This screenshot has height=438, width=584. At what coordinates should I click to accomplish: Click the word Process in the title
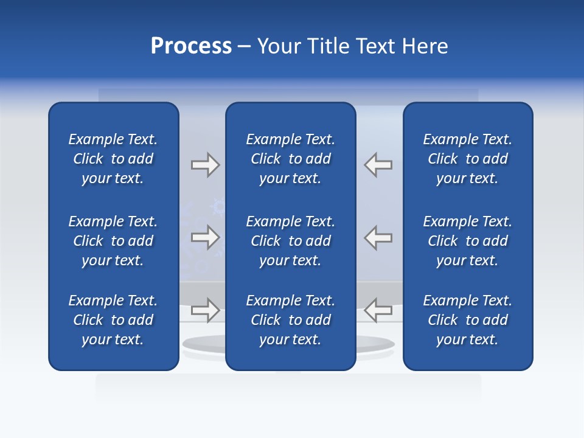click(x=191, y=46)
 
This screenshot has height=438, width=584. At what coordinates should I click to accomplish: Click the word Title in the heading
click(x=325, y=46)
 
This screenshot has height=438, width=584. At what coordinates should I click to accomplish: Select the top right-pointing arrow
click(x=206, y=165)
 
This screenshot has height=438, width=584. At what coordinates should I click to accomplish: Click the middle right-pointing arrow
click(x=206, y=238)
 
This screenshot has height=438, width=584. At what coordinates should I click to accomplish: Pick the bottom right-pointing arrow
click(x=206, y=310)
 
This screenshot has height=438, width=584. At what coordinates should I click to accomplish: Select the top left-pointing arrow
click(x=378, y=165)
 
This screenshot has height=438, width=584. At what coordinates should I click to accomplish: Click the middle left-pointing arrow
click(x=378, y=238)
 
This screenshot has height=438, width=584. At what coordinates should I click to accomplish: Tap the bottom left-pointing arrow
click(x=378, y=310)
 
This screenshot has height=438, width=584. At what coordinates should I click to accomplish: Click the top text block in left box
click(x=113, y=159)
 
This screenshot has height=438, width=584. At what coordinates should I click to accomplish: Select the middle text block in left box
click(x=113, y=241)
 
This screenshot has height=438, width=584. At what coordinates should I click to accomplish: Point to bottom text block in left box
click(x=113, y=320)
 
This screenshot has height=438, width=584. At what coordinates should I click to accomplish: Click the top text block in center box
click(x=291, y=159)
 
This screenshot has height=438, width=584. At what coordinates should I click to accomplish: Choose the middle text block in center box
click(x=291, y=241)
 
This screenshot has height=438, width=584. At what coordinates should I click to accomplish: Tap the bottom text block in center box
click(x=291, y=320)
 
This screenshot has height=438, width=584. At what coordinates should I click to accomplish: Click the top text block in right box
click(x=468, y=159)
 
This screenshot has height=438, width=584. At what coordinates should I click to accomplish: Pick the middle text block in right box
click(x=468, y=241)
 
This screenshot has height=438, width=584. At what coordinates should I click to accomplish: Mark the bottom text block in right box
click(x=468, y=320)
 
